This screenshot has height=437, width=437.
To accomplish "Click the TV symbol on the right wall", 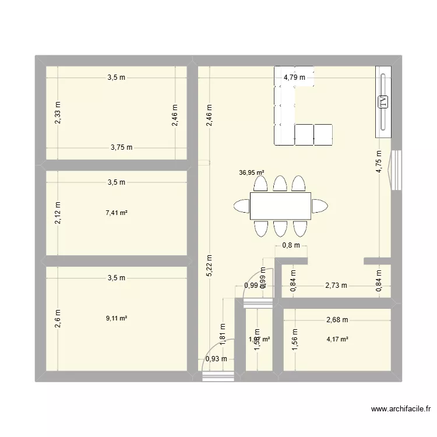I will pyautogui.click(x=383, y=102).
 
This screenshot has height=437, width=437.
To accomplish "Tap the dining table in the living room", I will pyautogui.click(x=280, y=206).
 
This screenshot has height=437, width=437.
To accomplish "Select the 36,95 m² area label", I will pyautogui.click(x=251, y=172).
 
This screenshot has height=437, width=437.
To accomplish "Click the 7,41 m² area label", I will pyautogui.click(x=117, y=213).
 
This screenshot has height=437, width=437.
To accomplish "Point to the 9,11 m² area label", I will pyautogui.click(x=117, y=318).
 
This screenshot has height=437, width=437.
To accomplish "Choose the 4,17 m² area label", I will pyautogui.click(x=337, y=339).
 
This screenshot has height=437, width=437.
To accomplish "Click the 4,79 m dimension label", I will pyautogui.click(x=294, y=77).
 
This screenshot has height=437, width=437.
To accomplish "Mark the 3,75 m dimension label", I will pyautogui.click(x=122, y=147).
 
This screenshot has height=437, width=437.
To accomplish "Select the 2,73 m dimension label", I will pyautogui.click(x=336, y=286).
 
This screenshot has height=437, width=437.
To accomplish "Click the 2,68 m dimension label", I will pyautogui.click(x=337, y=319).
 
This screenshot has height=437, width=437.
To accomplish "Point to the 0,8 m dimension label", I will pyautogui.click(x=291, y=245).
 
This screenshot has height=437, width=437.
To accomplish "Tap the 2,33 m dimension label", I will pyautogui.click(x=57, y=112).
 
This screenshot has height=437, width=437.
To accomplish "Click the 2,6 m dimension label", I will pyautogui.click(x=57, y=318).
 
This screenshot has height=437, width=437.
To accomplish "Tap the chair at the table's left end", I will pyautogui.click(x=241, y=206).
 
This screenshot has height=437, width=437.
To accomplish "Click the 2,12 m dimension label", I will pyautogui.click(x=57, y=213).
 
